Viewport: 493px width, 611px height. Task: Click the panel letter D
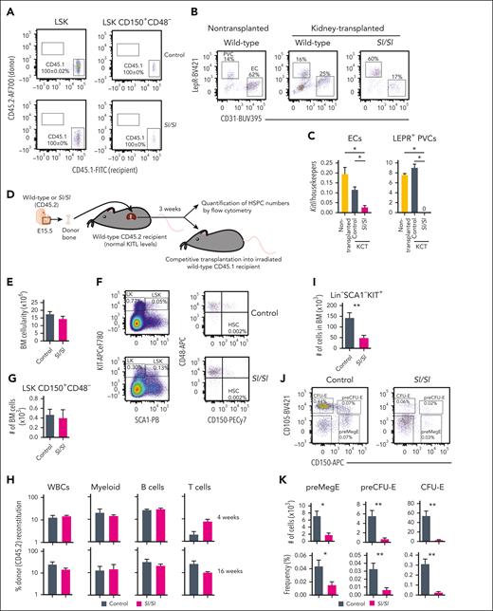pos(8,194)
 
